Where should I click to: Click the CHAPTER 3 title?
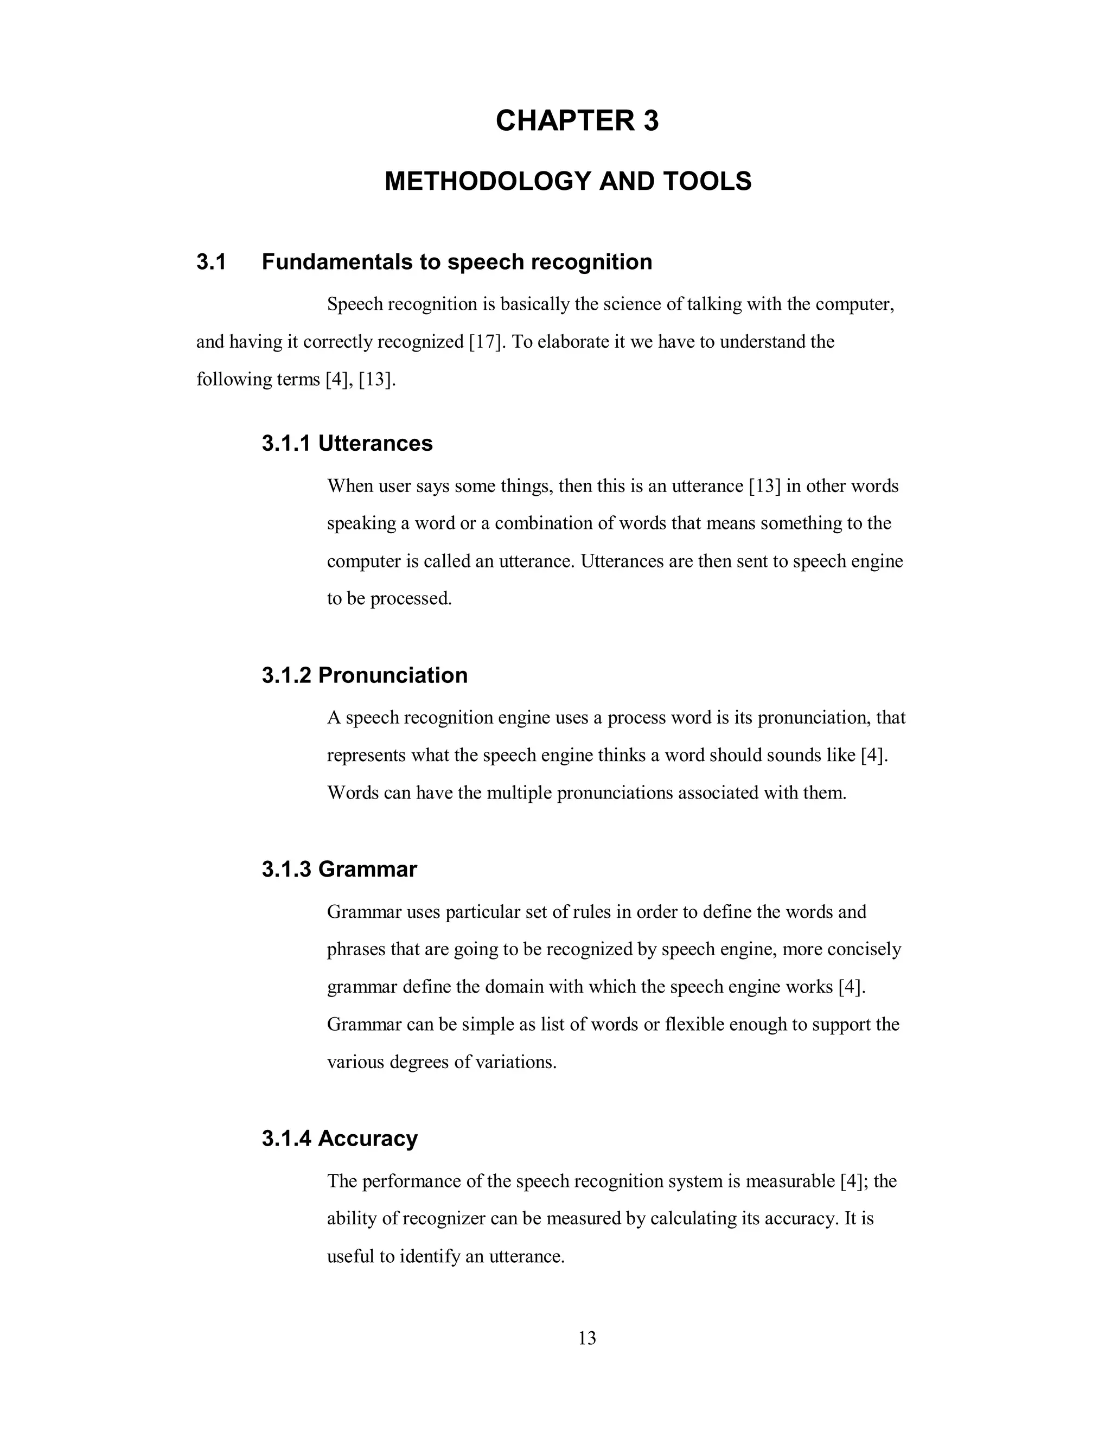coord(577,121)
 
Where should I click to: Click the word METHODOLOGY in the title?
coord(488,181)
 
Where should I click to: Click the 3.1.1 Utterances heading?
coord(347,443)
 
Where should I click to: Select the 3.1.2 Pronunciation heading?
coord(364,675)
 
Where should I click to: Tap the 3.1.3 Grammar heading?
coord(339,869)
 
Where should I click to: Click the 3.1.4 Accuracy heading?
coord(339,1139)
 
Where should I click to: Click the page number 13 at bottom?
coord(587,1338)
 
